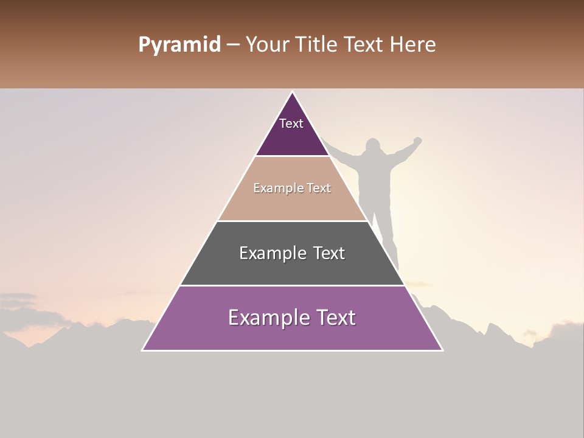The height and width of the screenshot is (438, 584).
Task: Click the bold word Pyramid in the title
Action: pyautogui.click(x=179, y=45)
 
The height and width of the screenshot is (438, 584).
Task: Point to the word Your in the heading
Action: pyautogui.click(x=267, y=45)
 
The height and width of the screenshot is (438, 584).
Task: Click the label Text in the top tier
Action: pyautogui.click(x=291, y=123)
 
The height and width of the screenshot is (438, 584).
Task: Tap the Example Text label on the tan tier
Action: pyautogui.click(x=292, y=188)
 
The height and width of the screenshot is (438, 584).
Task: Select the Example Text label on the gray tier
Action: pyautogui.click(x=292, y=253)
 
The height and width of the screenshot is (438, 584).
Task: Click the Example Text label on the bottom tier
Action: pyautogui.click(x=292, y=318)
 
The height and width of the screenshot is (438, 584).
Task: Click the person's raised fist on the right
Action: pyautogui.click(x=417, y=141)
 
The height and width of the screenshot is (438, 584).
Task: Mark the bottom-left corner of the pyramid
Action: pyautogui.click(x=143, y=350)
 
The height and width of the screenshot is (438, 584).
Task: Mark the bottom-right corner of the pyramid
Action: pyautogui.click(x=442, y=350)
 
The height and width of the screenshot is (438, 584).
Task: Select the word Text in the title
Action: pyautogui.click(x=364, y=45)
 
